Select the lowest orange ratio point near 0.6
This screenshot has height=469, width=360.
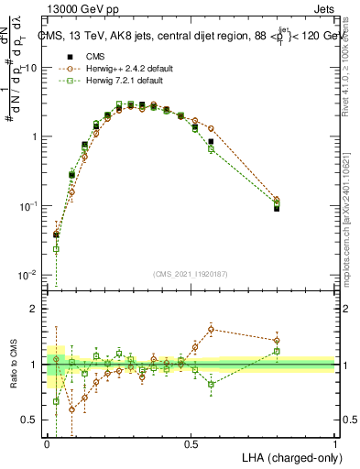(x=71, y=409)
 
